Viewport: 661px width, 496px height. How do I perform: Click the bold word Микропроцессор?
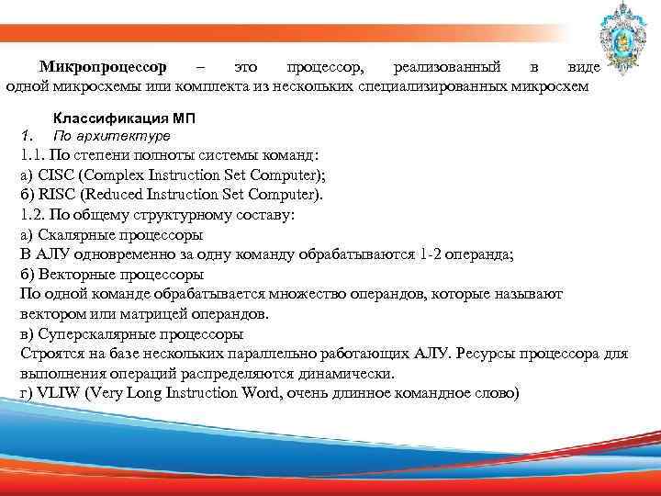[x=103, y=68]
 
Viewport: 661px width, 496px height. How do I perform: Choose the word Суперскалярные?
[x=90, y=333]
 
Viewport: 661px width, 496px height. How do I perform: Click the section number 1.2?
[x=31, y=215]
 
